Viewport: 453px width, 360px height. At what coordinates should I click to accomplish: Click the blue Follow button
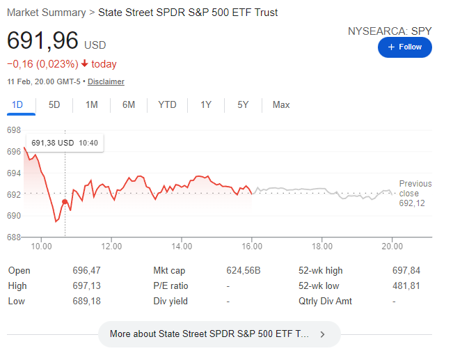click(x=404, y=47)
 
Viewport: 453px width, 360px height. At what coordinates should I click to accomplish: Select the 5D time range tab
click(x=54, y=105)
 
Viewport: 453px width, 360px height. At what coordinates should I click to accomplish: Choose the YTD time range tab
click(x=167, y=105)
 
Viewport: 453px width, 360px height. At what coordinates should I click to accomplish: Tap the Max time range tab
click(x=281, y=105)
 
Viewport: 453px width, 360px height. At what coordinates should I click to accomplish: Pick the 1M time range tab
click(x=92, y=105)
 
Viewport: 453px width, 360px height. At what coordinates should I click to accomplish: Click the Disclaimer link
click(x=106, y=81)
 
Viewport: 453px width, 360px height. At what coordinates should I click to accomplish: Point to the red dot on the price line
click(x=65, y=202)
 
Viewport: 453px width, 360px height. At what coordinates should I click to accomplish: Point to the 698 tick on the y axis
click(x=14, y=130)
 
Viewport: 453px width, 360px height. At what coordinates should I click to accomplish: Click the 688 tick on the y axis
click(x=14, y=237)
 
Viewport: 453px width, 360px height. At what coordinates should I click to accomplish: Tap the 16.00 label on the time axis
click(x=252, y=246)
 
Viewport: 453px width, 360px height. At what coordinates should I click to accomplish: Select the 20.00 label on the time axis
click(x=392, y=246)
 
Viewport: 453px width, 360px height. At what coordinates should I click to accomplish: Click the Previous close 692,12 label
click(x=415, y=194)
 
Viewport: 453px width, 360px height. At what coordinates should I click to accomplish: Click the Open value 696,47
click(x=86, y=270)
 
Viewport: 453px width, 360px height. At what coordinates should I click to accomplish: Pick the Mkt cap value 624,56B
click(x=244, y=270)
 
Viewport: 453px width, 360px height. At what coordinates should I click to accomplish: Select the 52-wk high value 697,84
click(x=406, y=270)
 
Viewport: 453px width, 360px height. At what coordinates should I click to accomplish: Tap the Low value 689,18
click(x=86, y=301)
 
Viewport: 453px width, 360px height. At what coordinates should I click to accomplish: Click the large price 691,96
click(x=42, y=41)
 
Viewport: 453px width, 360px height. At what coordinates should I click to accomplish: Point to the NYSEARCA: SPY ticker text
click(x=390, y=31)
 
